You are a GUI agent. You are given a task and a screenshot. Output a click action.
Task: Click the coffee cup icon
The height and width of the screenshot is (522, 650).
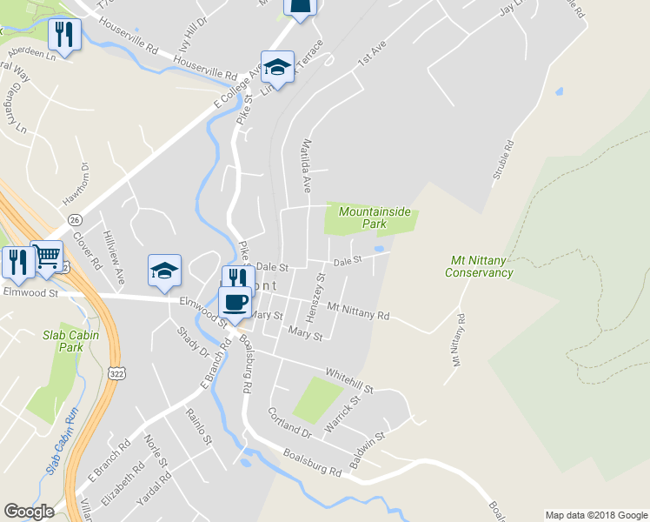235,301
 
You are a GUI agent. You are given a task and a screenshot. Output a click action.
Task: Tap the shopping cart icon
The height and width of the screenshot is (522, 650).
47,257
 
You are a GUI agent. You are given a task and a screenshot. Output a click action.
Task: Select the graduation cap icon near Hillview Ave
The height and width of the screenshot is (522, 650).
164,271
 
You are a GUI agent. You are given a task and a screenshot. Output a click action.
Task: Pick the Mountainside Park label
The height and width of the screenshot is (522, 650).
374,217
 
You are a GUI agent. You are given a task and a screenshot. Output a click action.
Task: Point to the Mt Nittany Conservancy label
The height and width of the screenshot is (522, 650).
479,266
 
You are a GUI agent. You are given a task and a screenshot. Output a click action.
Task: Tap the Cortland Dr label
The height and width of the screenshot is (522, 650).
289,424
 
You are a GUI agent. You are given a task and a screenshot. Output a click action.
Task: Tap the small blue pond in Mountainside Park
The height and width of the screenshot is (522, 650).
380,249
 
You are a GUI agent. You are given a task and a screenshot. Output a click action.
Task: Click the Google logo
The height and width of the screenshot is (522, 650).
29,512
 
